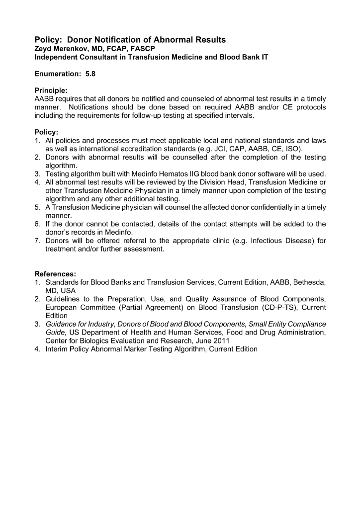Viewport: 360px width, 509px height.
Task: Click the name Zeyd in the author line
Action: click(43, 49)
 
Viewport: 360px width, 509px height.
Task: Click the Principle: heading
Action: click(51, 90)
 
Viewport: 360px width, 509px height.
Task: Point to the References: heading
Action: click(55, 274)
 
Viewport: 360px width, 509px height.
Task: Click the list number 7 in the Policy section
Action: click(37, 241)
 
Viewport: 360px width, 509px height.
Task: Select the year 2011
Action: click(249, 340)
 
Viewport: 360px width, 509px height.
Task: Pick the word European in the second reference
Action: click(62, 307)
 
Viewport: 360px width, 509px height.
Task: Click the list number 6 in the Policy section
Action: click(37, 224)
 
